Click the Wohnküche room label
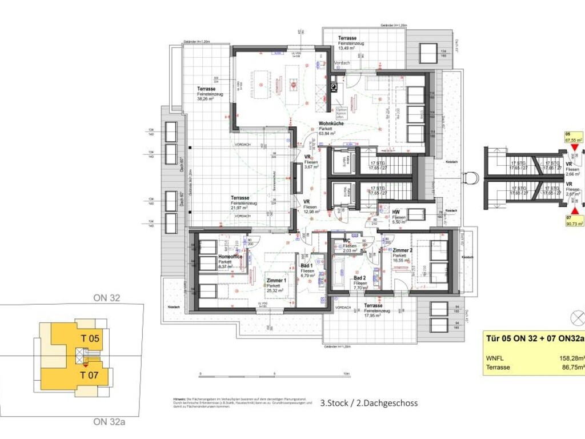point(331,123)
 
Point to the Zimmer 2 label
point(403,250)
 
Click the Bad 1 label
point(307,266)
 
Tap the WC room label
point(346,241)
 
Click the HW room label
point(395,212)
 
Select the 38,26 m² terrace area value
point(206,99)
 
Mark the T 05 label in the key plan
point(89,338)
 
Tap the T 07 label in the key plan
point(89,375)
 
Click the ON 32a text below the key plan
point(109,422)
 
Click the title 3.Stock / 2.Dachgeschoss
point(369,403)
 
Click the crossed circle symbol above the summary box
point(578,317)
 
